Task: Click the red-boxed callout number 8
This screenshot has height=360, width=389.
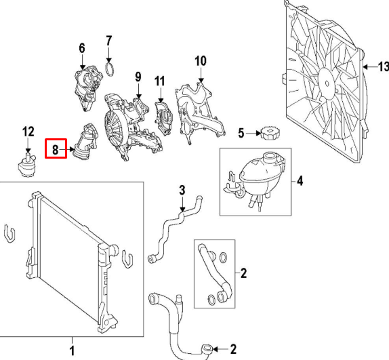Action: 55,148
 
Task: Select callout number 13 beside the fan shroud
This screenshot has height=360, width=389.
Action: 382,66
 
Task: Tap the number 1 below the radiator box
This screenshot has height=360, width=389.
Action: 72,350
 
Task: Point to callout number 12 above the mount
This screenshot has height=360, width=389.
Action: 28,131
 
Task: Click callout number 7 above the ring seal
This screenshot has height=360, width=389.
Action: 109,43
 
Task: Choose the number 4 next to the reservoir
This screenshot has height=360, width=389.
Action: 300,181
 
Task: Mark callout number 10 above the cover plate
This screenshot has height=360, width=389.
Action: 200,62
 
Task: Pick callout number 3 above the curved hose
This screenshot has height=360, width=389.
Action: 182,189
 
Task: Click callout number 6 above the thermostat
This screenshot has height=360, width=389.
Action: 82,48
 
